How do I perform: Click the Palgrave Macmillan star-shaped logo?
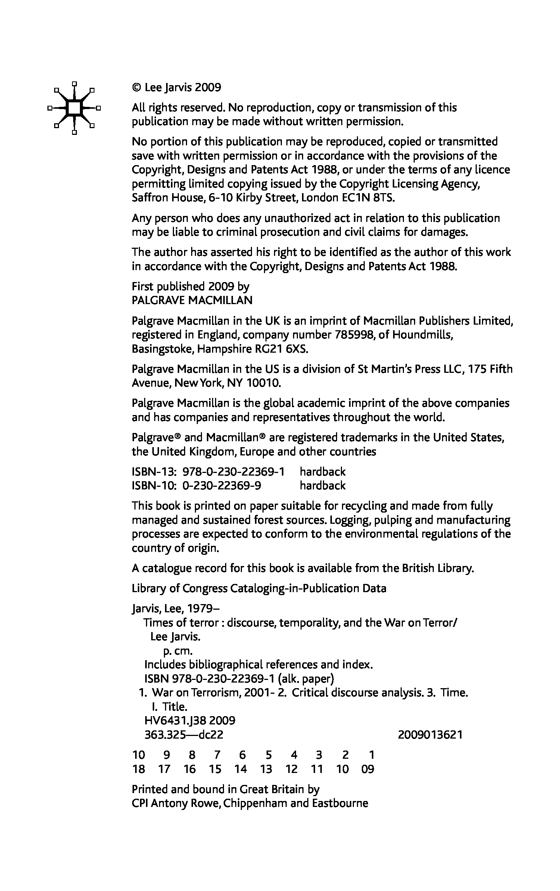click(74, 108)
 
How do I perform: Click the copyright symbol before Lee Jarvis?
click(136, 88)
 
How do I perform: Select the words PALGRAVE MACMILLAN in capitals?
click(192, 300)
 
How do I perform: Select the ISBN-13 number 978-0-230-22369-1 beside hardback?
click(233, 472)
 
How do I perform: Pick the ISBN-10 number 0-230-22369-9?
click(222, 486)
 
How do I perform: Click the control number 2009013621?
click(430, 735)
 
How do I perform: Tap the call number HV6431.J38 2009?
click(190, 721)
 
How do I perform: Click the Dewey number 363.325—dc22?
click(184, 735)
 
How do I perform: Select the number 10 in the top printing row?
click(138, 755)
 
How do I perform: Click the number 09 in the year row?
click(368, 769)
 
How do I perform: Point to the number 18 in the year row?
click(138, 769)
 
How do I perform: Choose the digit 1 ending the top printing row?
click(371, 755)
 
